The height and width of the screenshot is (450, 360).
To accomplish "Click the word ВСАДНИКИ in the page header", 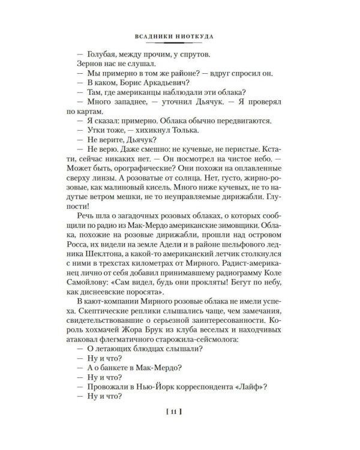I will (x=157, y=36).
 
